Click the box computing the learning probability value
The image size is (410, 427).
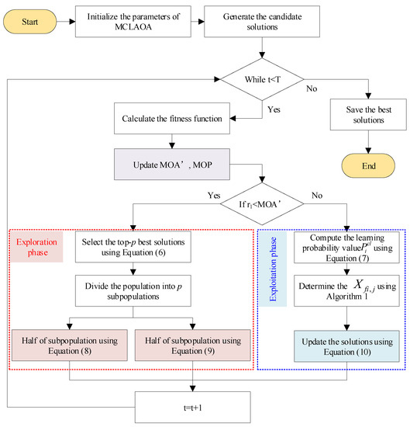pos(341,248)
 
